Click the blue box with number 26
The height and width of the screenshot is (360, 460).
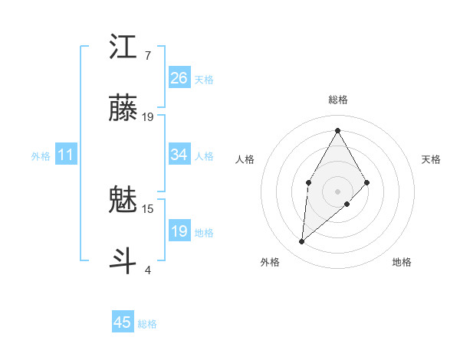click(179, 78)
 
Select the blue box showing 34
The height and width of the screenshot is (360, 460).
click(179, 155)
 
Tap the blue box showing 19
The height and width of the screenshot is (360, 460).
click(179, 231)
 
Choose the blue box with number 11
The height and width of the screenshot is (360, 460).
click(66, 155)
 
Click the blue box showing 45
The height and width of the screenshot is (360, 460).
click(123, 322)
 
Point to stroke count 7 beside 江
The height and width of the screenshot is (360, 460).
click(147, 56)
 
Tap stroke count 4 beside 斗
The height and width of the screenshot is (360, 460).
click(147, 270)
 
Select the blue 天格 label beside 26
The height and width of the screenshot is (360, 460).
click(204, 80)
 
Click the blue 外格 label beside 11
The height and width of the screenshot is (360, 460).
click(41, 156)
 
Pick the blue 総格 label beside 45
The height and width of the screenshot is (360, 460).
click(147, 324)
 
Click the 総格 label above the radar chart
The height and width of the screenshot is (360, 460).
click(337, 100)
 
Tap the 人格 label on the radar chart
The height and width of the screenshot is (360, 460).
click(245, 159)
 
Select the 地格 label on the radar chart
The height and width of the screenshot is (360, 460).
click(402, 262)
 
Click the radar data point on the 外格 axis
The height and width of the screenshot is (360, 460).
click(302, 241)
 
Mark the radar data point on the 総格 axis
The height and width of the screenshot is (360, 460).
click(337, 130)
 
